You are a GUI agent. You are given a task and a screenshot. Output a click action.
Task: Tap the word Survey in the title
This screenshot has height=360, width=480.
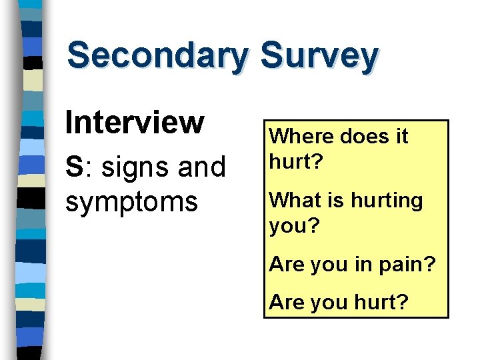(x=319, y=56)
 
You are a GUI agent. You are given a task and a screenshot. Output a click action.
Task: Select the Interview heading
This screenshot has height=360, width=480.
(x=134, y=122)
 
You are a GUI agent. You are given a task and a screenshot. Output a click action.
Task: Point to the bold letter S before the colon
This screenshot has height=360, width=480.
(x=73, y=167)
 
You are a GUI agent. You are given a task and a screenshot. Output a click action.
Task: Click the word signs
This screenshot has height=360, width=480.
(x=133, y=168)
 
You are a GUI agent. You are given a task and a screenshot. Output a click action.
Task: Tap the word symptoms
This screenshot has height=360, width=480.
(x=131, y=201)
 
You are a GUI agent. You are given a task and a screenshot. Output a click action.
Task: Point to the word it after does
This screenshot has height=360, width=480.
(x=401, y=137)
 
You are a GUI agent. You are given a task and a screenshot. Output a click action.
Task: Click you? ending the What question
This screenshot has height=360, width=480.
(x=295, y=226)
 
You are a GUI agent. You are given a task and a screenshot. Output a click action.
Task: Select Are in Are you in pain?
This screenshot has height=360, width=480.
(x=286, y=264)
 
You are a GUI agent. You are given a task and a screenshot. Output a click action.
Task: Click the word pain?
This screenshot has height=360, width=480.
(x=408, y=265)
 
